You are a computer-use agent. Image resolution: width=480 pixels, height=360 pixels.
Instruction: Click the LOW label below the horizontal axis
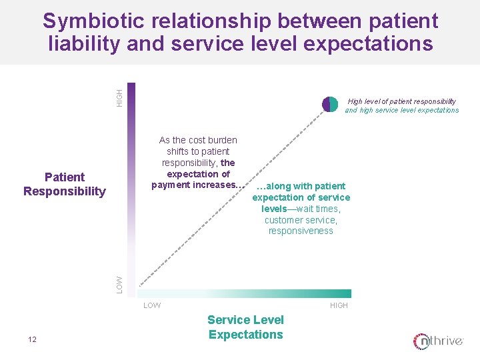[x=152, y=305]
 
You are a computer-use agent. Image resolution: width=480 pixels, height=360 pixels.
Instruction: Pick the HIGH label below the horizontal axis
[x=339, y=305]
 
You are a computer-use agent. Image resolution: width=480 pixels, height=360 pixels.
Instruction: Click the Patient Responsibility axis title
[x=65, y=184]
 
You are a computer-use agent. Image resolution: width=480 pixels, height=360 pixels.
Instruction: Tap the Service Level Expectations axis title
[x=245, y=327]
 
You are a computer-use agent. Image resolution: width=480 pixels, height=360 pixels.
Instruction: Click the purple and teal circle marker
[x=330, y=104]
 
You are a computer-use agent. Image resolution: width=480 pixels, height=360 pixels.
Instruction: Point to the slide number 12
[x=32, y=340]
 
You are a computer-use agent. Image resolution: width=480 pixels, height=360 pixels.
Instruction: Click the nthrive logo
[x=438, y=341]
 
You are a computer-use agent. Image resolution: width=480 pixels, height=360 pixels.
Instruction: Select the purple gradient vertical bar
[x=131, y=187]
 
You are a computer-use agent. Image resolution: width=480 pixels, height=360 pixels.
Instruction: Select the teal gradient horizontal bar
[x=243, y=293]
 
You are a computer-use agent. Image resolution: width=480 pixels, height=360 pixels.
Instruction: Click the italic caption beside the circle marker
[x=401, y=105]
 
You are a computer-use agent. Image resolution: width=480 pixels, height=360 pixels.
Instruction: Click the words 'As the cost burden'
[x=198, y=140]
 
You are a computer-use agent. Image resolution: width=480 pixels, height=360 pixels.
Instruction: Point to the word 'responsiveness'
[x=301, y=231]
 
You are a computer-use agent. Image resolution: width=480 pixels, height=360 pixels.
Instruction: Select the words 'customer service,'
[x=301, y=220]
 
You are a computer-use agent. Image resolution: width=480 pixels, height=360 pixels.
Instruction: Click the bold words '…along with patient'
[x=301, y=186]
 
